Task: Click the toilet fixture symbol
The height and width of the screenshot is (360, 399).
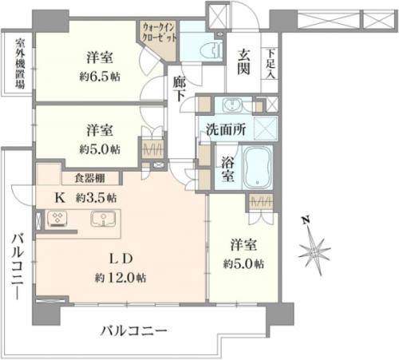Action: click(215, 49)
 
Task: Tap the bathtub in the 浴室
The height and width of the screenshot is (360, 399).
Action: click(258, 168)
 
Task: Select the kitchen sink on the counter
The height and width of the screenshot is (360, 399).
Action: click(103, 219)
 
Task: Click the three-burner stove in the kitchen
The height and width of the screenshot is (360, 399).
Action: click(57, 219)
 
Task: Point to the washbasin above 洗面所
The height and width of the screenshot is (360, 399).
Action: click(232, 105)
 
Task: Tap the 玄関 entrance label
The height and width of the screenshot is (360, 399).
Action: click(243, 61)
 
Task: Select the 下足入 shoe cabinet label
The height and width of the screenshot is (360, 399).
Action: click(271, 64)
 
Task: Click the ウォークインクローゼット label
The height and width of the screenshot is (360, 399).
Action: click(159, 32)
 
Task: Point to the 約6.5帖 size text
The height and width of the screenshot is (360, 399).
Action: click(100, 77)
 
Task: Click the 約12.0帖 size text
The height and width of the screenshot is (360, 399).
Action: click(120, 278)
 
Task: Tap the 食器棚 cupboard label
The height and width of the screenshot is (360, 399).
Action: click(89, 178)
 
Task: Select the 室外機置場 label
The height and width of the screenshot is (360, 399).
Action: click(20, 63)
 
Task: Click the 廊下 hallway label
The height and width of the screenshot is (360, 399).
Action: click(179, 89)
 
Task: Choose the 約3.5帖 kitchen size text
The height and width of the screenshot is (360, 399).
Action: click(96, 198)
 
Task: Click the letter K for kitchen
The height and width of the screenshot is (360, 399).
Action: click(60, 198)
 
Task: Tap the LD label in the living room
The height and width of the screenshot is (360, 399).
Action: click(121, 259)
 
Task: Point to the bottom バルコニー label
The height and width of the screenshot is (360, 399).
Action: click(133, 331)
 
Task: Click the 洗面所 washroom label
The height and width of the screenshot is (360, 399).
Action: click(226, 130)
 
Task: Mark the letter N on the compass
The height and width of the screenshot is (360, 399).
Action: click(306, 220)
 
